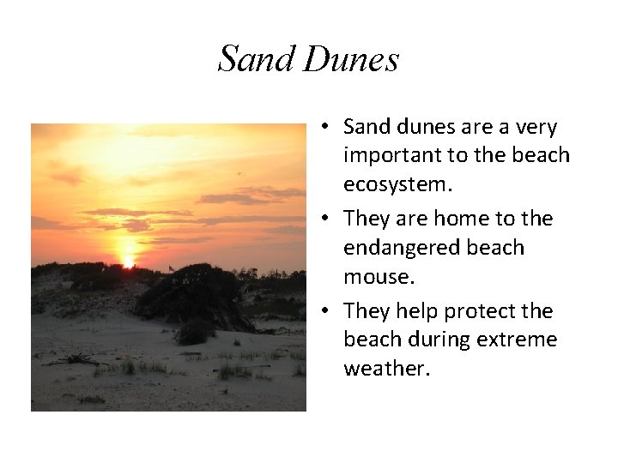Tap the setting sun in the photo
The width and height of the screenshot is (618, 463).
[x=128, y=260]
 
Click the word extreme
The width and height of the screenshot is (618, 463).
[x=518, y=340]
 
